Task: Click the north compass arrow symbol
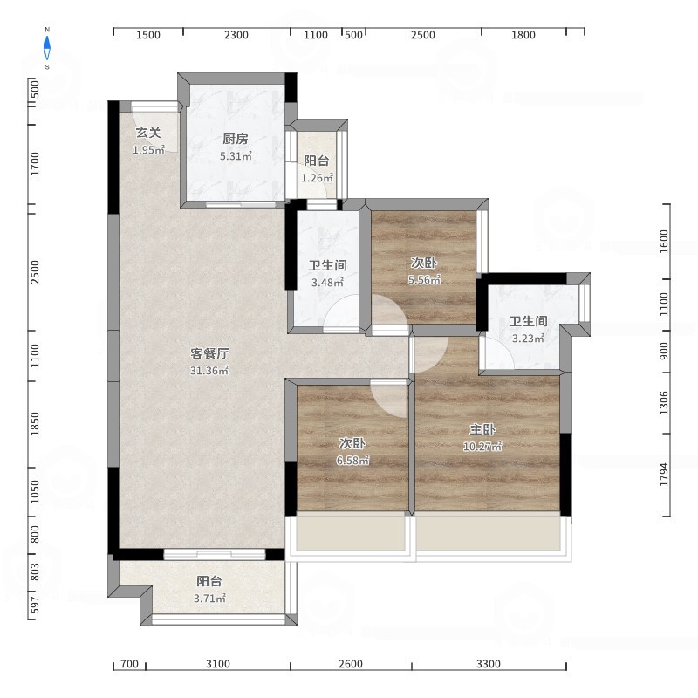click(47, 48)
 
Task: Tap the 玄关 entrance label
click(148, 133)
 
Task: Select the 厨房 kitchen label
click(236, 139)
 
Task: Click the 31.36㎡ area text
click(209, 370)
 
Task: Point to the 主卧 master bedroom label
click(482, 429)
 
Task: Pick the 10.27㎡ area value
click(482, 446)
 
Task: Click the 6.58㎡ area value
click(352, 461)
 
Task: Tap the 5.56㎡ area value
click(424, 279)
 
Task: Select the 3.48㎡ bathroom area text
click(327, 282)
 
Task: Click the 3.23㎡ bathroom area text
click(528, 339)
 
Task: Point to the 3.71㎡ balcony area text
click(209, 599)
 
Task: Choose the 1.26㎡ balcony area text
click(317, 178)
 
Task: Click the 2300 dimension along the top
click(236, 35)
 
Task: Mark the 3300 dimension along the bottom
click(489, 664)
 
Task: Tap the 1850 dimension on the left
click(35, 424)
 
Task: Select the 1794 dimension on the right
click(664, 475)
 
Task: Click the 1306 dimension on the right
click(664, 403)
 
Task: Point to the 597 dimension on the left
click(35, 605)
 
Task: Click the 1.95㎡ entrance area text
click(148, 150)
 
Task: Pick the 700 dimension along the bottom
click(129, 664)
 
